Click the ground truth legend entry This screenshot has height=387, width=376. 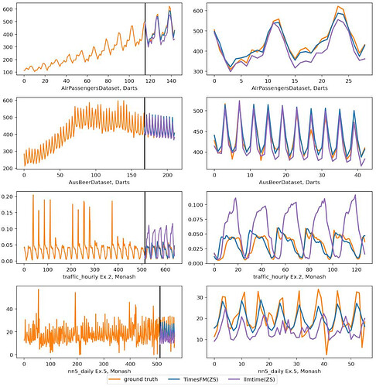click(133, 379)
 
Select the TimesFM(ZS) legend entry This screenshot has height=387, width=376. click(193, 379)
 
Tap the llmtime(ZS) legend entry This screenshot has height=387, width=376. click(252, 379)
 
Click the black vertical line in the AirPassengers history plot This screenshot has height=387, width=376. click(145, 39)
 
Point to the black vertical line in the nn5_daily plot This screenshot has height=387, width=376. click(159, 322)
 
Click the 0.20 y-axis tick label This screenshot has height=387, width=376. click(7, 197)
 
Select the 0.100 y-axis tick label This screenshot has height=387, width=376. click(195, 205)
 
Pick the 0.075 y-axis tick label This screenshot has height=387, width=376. click(195, 220)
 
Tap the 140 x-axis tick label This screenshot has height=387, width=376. click(171, 80)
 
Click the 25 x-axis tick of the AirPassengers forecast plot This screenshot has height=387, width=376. click(349, 80)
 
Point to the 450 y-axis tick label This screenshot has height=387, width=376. click(198, 132)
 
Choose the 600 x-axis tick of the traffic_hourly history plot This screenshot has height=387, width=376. click(166, 269)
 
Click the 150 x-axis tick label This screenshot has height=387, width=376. click(132, 175)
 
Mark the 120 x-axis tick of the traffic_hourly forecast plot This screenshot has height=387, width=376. click(356, 269)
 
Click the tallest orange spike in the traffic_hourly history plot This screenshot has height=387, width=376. click(33, 195)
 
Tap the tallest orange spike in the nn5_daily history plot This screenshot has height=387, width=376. click(39, 289)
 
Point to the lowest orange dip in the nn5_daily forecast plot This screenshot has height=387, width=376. click(326, 354)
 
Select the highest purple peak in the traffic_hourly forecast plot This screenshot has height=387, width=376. click(355, 195)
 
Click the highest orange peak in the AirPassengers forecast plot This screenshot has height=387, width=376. click(338, 6)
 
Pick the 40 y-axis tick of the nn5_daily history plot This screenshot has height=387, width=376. click(9, 309)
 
